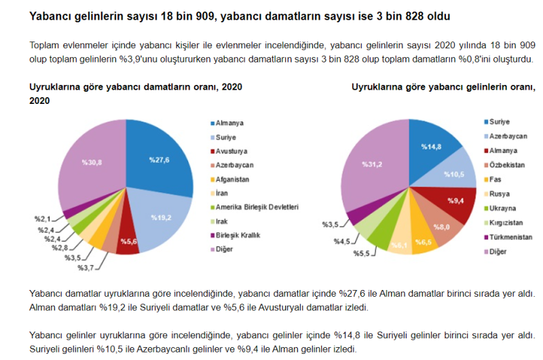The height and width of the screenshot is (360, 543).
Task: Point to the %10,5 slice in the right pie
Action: pos(453,174)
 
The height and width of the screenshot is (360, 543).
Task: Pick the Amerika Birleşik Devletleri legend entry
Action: pos(257,207)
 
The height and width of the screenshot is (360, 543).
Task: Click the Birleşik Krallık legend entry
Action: pos(238,236)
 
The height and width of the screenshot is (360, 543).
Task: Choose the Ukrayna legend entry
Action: pos(503,208)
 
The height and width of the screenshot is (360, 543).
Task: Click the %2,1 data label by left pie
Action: pos(43,219)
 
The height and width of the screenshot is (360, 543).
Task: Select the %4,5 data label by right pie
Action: pos(343,241)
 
